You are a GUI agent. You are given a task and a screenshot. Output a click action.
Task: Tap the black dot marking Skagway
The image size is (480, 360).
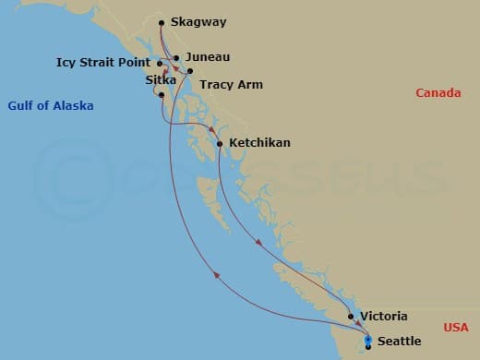pos(162,22)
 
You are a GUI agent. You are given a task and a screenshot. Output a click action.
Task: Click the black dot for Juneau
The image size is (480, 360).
pos(176,57)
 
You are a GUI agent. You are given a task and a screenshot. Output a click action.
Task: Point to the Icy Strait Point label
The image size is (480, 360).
pos(101,64)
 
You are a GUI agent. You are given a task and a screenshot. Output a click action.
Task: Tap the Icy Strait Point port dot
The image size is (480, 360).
pos(160,64)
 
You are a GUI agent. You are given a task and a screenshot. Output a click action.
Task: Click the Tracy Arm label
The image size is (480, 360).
pos(231,85)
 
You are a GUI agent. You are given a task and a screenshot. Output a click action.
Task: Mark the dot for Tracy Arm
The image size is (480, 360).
pos(189,71)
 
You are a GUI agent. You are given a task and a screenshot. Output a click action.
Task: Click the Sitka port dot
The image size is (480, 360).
pos(162,95)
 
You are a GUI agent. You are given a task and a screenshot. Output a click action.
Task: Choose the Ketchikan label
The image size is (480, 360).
pos(259,143)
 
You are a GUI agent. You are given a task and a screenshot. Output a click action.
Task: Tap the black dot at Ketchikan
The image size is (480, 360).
pos(219,143)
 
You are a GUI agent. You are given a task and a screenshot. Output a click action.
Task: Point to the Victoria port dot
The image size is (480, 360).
pos(351,317)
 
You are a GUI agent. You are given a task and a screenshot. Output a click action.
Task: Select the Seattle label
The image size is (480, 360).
pos(399,342)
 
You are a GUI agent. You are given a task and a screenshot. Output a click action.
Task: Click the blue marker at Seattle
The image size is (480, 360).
pos(368,342)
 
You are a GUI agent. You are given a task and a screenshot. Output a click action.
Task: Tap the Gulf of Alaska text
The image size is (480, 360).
pos(51,106)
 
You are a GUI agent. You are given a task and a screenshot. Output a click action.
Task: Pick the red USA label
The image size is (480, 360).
pos(456,328)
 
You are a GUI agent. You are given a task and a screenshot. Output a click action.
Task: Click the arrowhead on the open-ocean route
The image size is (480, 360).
pos(216,274)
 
